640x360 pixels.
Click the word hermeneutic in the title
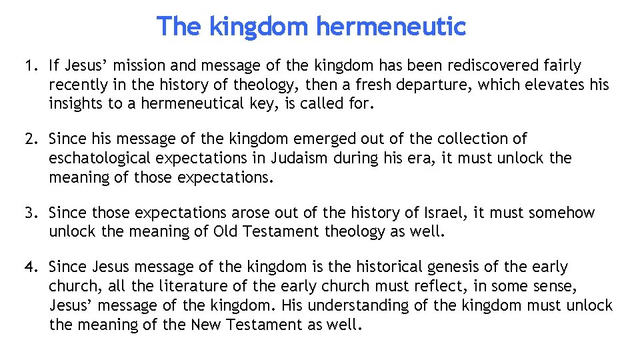[391, 27]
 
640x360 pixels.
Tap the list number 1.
[29, 66]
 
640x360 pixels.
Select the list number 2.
[30, 139]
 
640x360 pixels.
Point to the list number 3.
[30, 213]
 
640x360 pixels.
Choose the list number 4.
[30, 267]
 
